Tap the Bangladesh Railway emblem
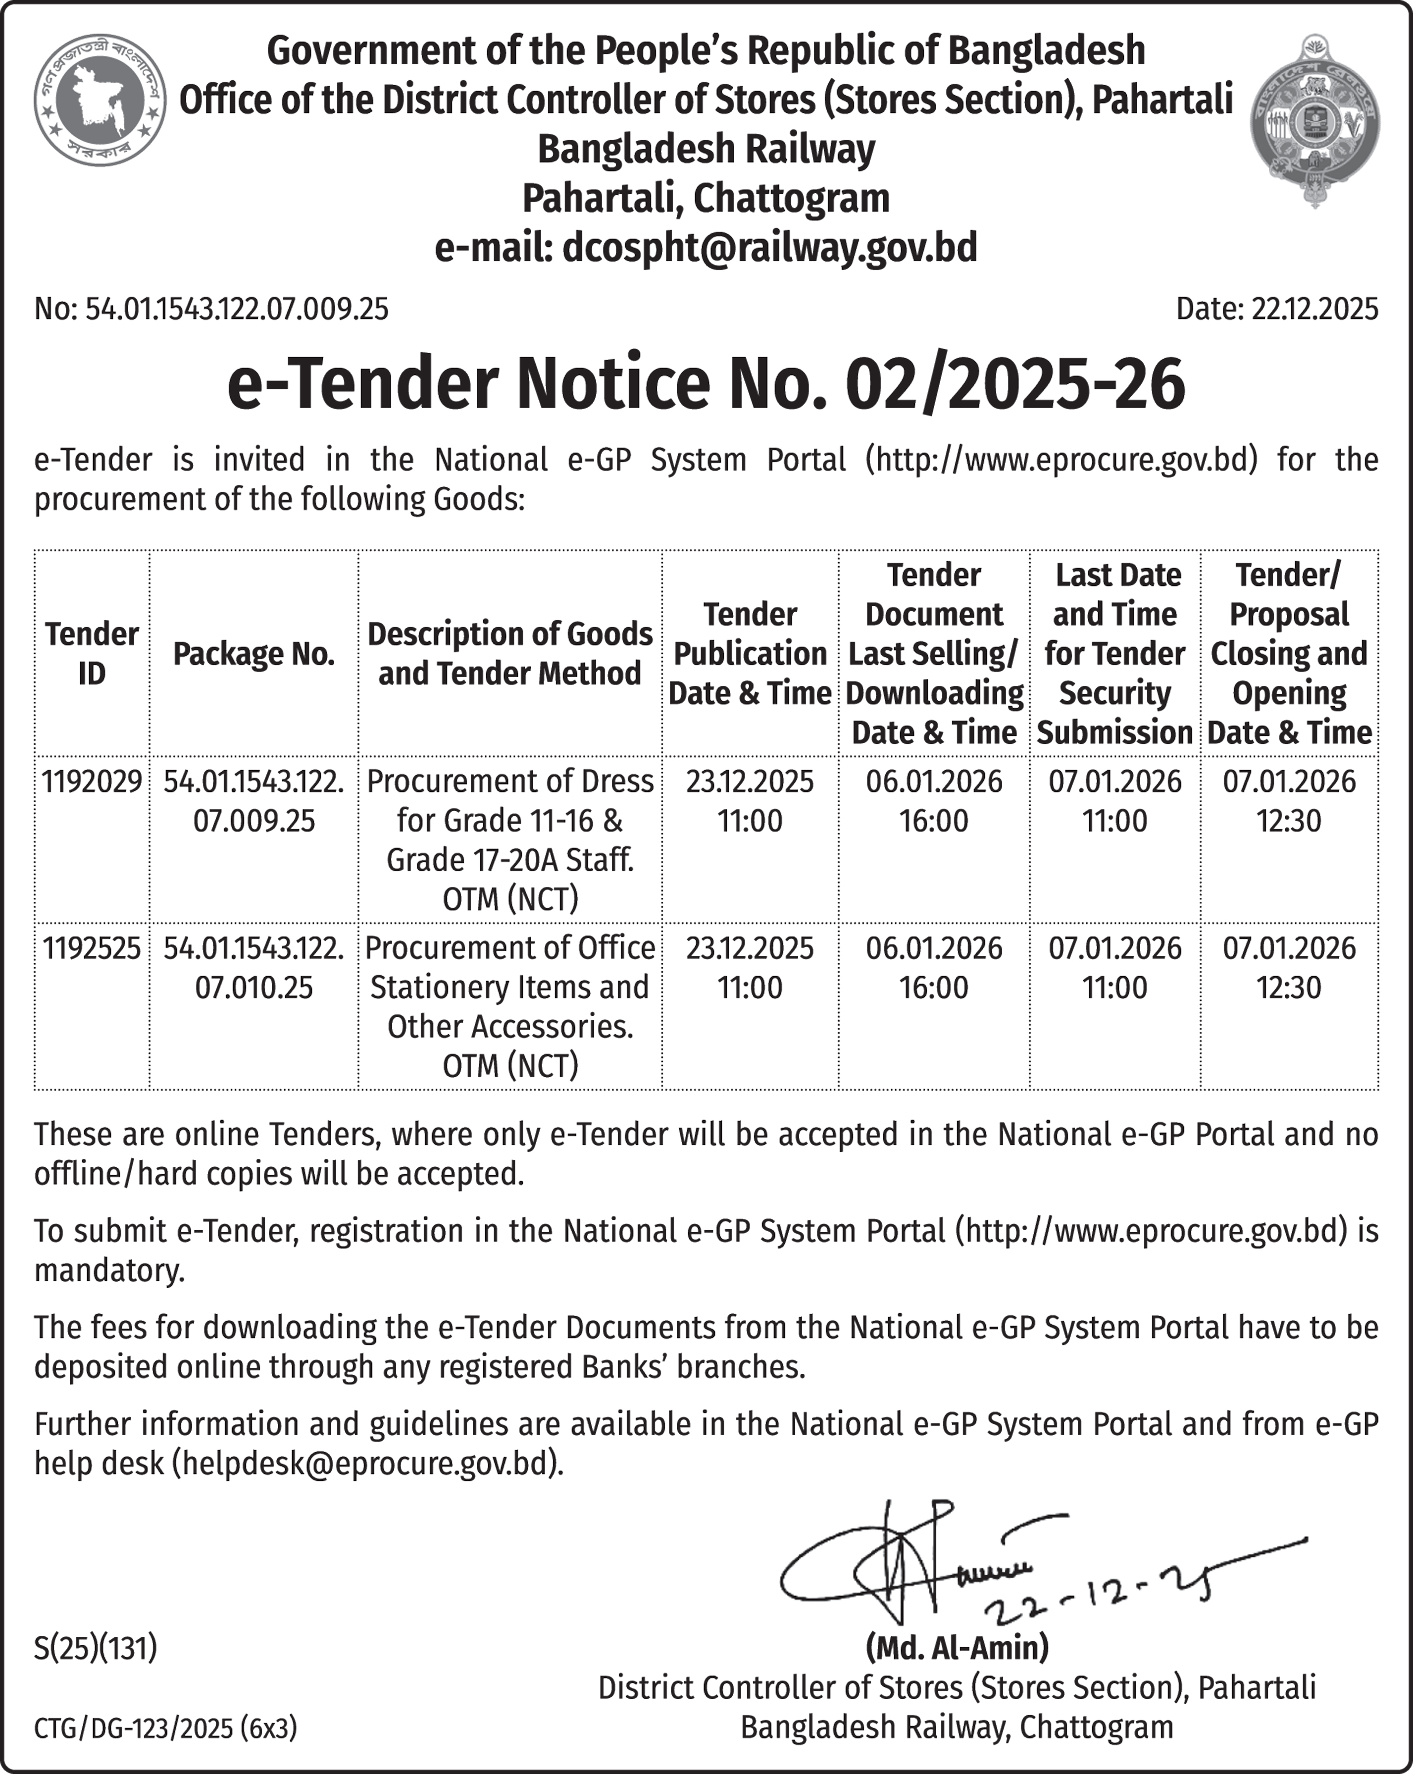[1314, 120]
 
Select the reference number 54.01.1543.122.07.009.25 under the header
[236, 310]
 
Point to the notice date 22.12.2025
[1314, 310]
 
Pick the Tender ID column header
[91, 653]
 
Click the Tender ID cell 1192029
[91, 781]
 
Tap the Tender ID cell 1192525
[91, 948]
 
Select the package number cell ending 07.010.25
[253, 968]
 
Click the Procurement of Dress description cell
[510, 839]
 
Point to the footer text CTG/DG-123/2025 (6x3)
[165, 1728]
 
